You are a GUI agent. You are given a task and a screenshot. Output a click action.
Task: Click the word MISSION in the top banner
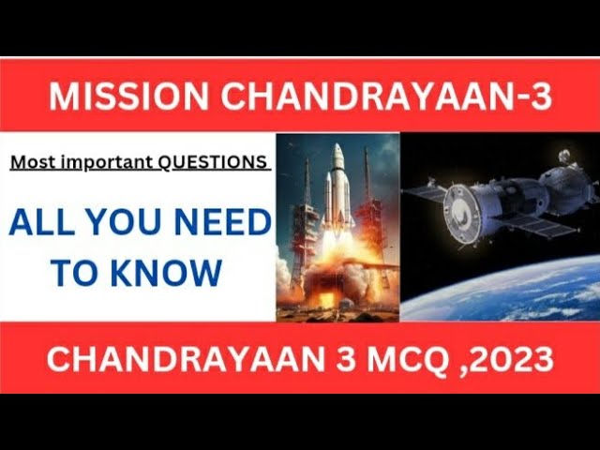tap(128, 96)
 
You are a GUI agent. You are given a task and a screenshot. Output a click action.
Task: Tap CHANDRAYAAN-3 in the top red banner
tap(386, 96)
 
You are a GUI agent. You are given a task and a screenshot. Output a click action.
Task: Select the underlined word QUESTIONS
tap(213, 162)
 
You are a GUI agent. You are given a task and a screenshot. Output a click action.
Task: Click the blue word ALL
tap(41, 222)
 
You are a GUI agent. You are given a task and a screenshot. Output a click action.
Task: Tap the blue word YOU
tap(126, 222)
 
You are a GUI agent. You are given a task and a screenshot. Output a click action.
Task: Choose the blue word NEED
tap(223, 222)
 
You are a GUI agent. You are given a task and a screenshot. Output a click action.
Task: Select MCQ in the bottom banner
tap(406, 359)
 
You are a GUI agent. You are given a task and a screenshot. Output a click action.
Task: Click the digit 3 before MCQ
tap(346, 359)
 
